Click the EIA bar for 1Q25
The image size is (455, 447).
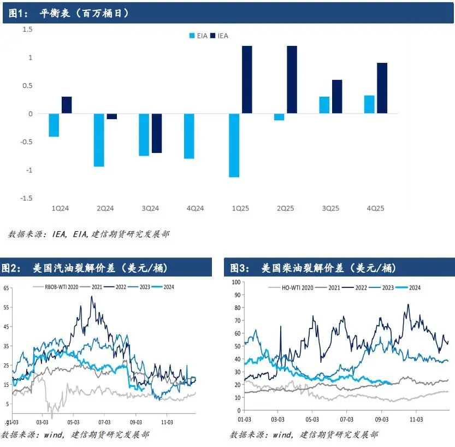tap(234, 145)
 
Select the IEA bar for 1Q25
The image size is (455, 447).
tap(247, 80)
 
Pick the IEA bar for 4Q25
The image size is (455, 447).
tap(382, 88)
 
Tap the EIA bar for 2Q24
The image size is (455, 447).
tap(99, 140)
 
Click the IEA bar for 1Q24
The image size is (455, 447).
tap(67, 105)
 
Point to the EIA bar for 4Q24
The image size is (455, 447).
tap(189, 136)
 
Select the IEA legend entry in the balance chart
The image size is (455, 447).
tap(220, 36)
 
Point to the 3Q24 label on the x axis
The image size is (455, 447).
tap(150, 209)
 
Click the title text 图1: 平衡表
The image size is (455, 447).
tap(69, 13)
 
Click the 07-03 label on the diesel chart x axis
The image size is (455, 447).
tap(346, 420)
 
